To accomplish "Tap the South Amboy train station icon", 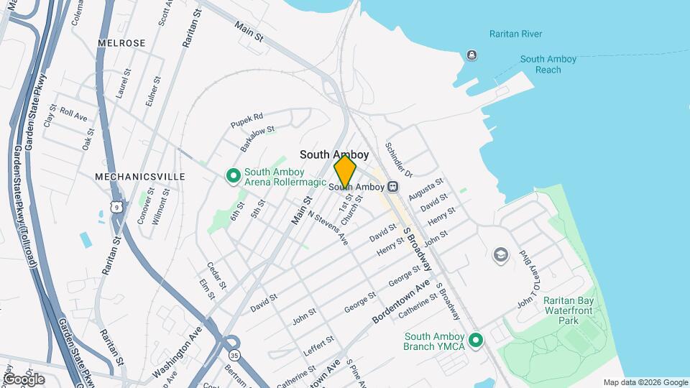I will (x=392, y=187).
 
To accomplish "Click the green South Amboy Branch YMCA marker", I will (x=475, y=340).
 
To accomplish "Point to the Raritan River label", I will (x=515, y=34).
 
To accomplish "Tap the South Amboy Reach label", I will (x=548, y=65).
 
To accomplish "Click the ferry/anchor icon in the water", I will (x=471, y=55).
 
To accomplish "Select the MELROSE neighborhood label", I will (x=121, y=43).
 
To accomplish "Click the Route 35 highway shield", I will (x=234, y=355).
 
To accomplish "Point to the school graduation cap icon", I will (x=500, y=255).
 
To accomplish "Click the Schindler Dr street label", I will (x=399, y=160).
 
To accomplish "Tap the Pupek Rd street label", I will (x=247, y=118).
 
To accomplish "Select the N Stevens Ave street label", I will (x=328, y=228).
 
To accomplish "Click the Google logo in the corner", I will (x=23, y=379).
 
